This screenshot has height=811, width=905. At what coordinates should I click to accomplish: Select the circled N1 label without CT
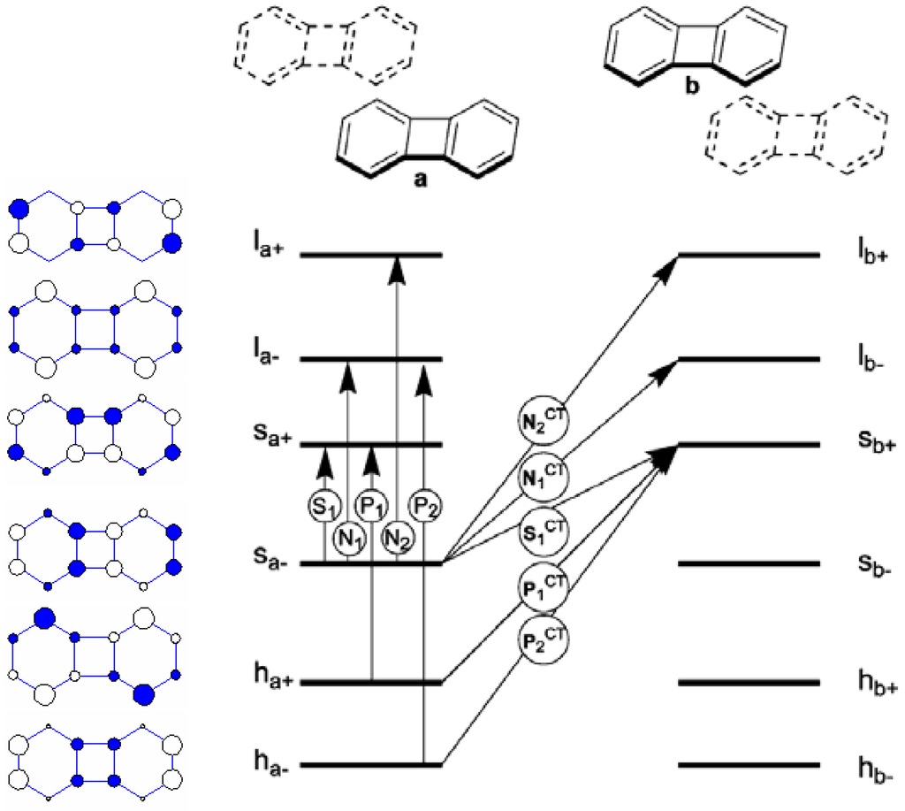click(x=348, y=536)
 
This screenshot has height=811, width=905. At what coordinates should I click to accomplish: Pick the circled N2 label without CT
click(x=397, y=536)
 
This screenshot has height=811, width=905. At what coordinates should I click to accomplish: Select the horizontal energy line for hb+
click(x=749, y=682)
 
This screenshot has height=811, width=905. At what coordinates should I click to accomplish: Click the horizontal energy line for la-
click(x=370, y=359)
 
